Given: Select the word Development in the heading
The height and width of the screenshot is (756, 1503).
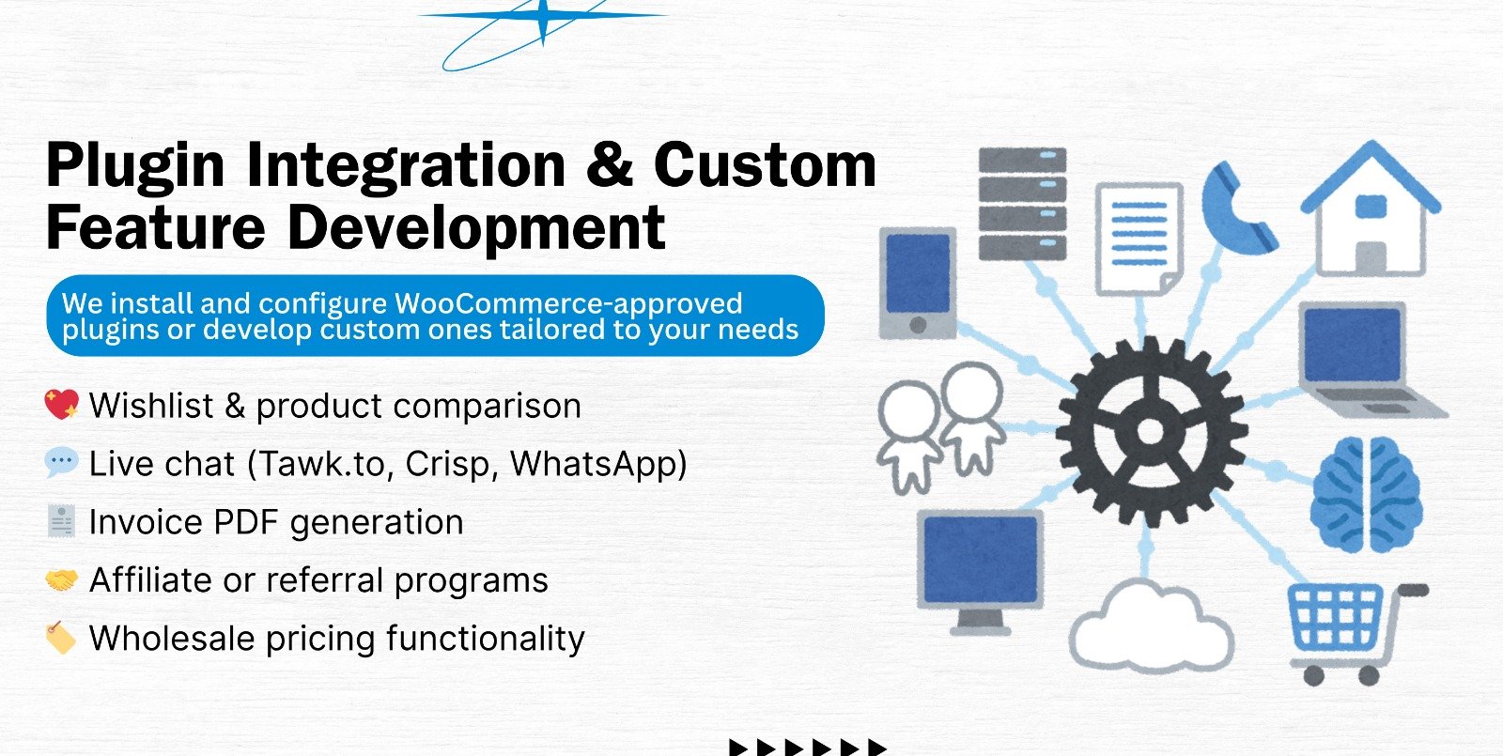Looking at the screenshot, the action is point(476,228).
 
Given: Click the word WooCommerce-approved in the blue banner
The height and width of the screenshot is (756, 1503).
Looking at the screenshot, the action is point(568,303).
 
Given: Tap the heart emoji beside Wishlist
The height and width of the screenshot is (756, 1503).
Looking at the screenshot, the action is point(62,405).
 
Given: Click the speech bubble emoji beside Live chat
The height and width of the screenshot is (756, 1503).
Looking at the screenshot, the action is point(62,463).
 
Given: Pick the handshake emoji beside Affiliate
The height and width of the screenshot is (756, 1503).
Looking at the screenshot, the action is point(62,579).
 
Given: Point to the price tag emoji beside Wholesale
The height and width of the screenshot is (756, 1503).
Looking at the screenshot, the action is point(60,638).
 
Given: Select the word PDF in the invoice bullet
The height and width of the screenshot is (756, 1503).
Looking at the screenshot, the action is point(245,522).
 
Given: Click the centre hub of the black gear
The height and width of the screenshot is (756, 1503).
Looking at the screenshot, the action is point(1150,432).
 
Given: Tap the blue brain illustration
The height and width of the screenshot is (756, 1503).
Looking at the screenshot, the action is point(1366,494).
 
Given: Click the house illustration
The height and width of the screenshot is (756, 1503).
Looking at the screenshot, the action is point(1371,208).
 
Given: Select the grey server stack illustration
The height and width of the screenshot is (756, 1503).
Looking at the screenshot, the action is point(1022,204).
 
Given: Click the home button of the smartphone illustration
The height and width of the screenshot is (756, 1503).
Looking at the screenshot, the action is point(918,325).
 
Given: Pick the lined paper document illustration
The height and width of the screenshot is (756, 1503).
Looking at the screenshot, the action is point(1139,239).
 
